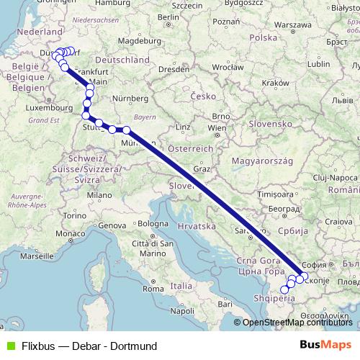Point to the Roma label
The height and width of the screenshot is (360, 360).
pyautogui.click(x=153, y=288)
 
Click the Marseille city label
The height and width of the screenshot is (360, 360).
pyautogui.click(x=39, y=256)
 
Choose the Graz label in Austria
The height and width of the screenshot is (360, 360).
pyautogui.click(x=202, y=168)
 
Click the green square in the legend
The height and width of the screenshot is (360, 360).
pyautogui.click(x=9, y=346)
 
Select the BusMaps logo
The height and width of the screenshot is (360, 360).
pyautogui.click(x=326, y=346)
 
